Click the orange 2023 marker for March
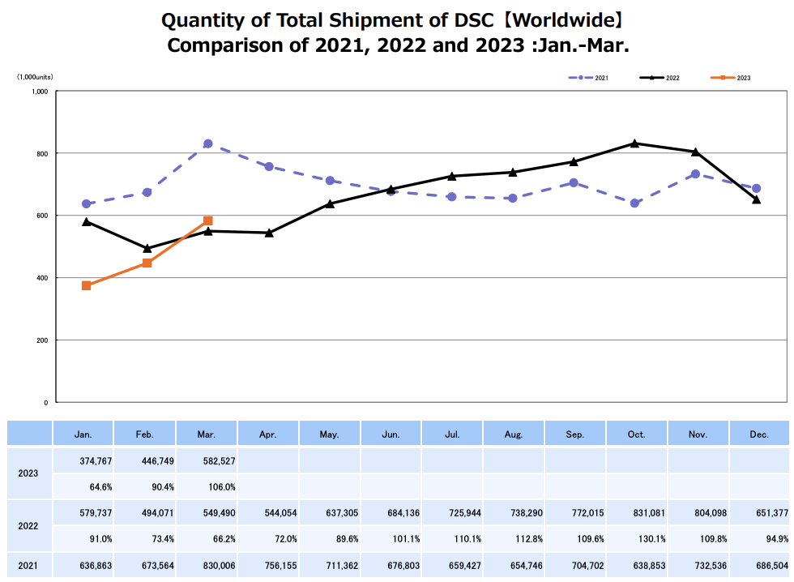click(x=208, y=220)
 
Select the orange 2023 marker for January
click(x=86, y=285)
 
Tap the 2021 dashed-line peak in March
click(x=208, y=143)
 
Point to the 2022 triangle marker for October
click(x=634, y=143)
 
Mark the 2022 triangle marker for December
click(x=757, y=199)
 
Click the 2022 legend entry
click(x=660, y=78)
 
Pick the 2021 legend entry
click(x=589, y=78)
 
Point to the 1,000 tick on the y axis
click(x=41, y=92)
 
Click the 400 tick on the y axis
click(x=42, y=278)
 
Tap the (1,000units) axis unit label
click(x=35, y=77)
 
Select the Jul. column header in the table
click(x=452, y=434)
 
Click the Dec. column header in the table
click(x=759, y=434)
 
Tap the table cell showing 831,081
click(x=636, y=512)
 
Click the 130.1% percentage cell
click(x=636, y=538)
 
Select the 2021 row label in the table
click(x=29, y=565)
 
